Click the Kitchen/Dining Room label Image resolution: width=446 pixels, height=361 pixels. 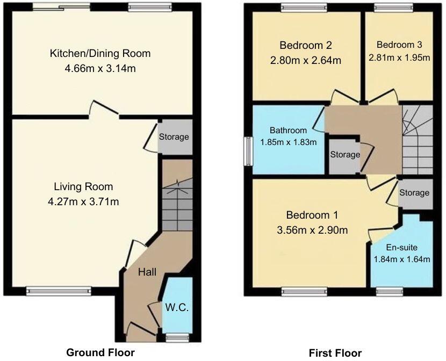(x=100, y=53)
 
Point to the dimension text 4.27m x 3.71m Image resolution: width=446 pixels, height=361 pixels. (x=83, y=202)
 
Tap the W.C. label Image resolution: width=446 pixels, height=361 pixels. (x=177, y=308)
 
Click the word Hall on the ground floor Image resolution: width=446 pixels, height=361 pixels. (x=147, y=272)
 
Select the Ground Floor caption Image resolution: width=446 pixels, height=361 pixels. (x=100, y=352)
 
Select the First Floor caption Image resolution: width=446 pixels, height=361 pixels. (x=335, y=353)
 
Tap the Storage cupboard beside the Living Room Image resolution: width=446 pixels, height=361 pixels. (x=174, y=137)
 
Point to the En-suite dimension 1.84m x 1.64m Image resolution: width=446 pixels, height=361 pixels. (x=402, y=259)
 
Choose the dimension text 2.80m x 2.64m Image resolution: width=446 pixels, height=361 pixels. (x=305, y=61)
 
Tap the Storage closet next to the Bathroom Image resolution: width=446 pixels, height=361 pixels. (x=344, y=155)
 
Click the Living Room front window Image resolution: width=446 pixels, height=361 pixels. (x=52, y=291)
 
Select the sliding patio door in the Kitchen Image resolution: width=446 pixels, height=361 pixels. (x=61, y=7)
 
